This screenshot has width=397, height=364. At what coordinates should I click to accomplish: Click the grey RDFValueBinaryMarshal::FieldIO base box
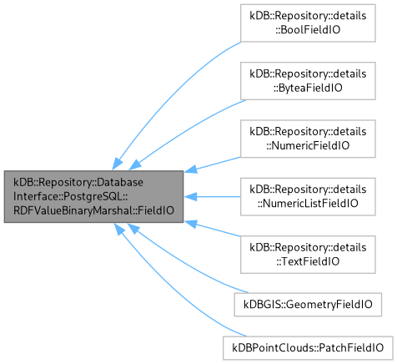[93, 197]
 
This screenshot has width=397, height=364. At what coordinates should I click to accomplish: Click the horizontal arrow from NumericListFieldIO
[213, 198]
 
